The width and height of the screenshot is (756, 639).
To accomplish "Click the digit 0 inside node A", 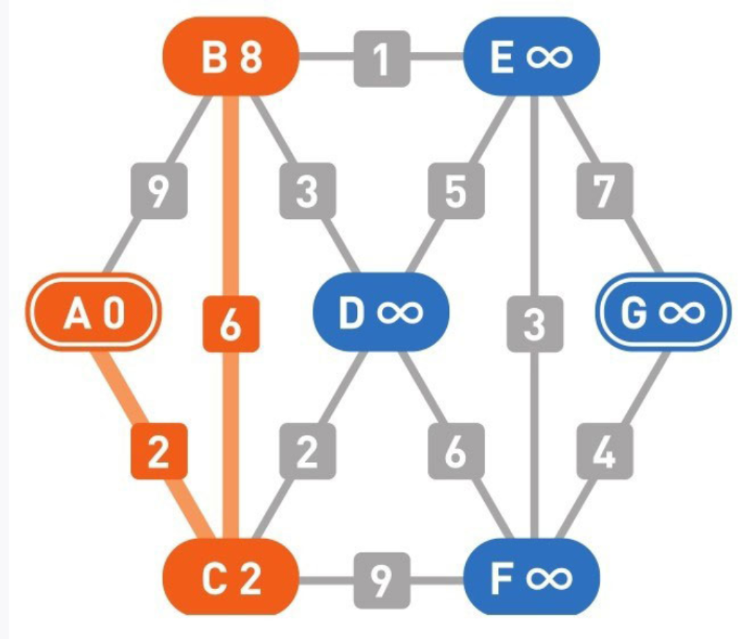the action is click(112, 315).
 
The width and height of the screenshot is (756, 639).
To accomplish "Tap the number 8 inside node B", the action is click(250, 58).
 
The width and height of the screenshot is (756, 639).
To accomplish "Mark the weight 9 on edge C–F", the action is click(382, 578).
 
